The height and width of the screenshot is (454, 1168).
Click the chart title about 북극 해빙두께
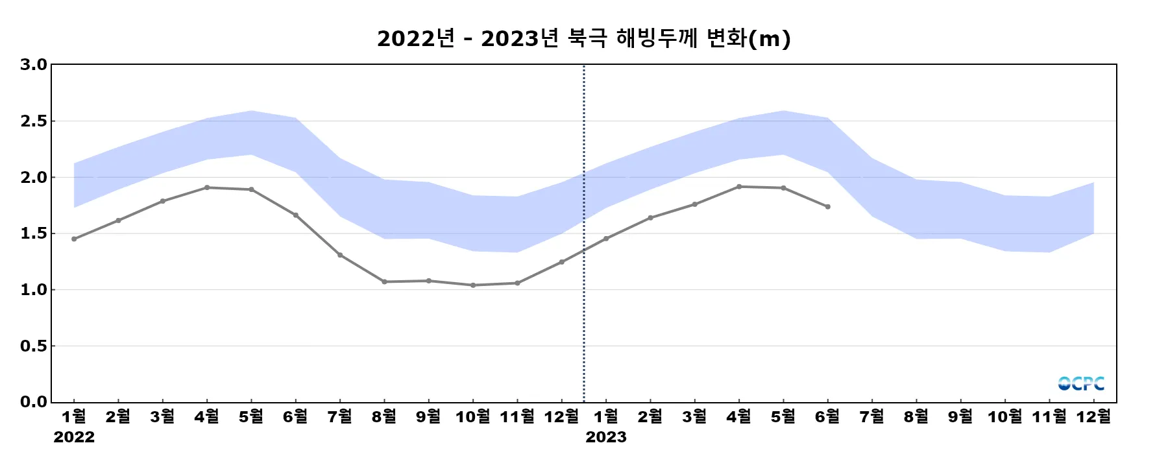point(583,38)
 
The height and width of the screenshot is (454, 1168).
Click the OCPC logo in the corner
point(1080,383)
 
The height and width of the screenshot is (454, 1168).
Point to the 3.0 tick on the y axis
point(34,64)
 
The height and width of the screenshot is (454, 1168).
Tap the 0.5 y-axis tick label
point(34,346)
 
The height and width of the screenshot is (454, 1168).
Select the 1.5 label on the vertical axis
point(34,233)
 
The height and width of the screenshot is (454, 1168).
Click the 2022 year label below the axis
point(74,437)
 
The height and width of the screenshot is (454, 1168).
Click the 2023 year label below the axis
point(606,437)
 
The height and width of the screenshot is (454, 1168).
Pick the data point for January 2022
point(74,239)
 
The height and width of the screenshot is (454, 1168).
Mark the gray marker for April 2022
point(207,187)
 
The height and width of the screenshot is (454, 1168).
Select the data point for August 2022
point(384,281)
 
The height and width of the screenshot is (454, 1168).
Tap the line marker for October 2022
point(473,285)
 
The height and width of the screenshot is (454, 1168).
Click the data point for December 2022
point(562,262)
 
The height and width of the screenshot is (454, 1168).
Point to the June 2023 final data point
point(828,207)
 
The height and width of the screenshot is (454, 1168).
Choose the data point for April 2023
point(739,187)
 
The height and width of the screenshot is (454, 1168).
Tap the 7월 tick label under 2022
point(340,416)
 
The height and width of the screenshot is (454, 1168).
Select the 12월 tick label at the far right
point(1093,416)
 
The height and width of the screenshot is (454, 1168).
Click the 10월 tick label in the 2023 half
point(1004,416)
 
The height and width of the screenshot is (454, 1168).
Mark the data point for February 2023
point(651,218)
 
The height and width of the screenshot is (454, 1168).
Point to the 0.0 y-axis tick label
point(34,402)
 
